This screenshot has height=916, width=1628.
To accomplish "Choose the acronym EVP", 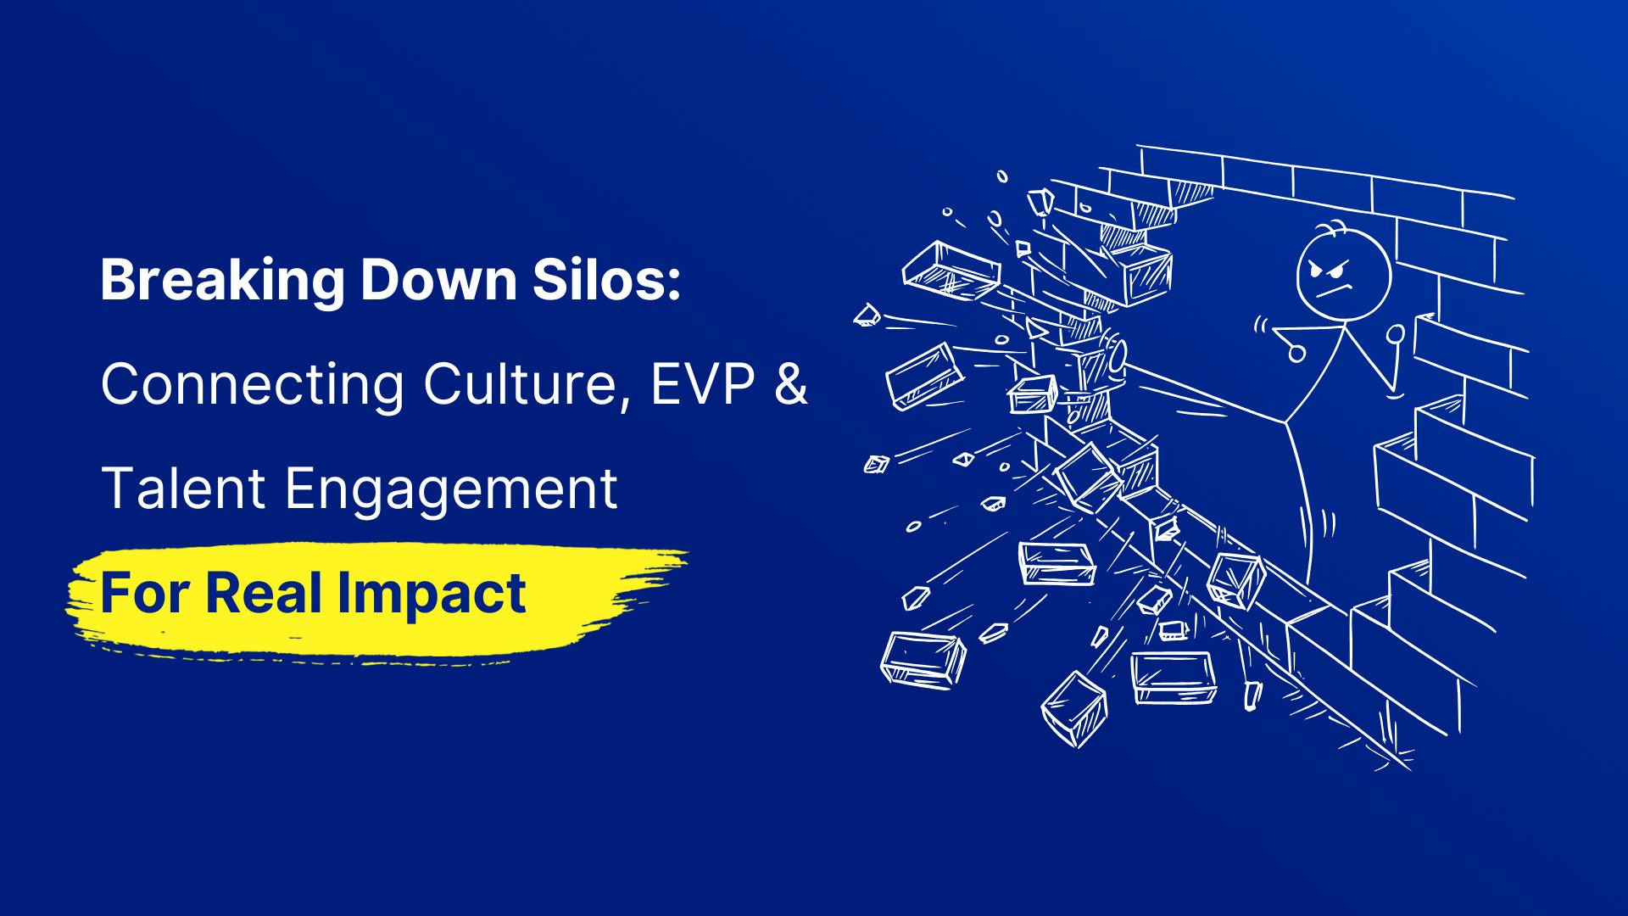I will click(x=703, y=383).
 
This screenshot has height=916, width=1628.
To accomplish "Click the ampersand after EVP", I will click(x=790, y=383).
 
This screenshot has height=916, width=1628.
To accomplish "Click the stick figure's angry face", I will click(x=1342, y=276).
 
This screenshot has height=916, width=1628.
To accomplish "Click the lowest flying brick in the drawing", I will click(x=1074, y=709).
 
